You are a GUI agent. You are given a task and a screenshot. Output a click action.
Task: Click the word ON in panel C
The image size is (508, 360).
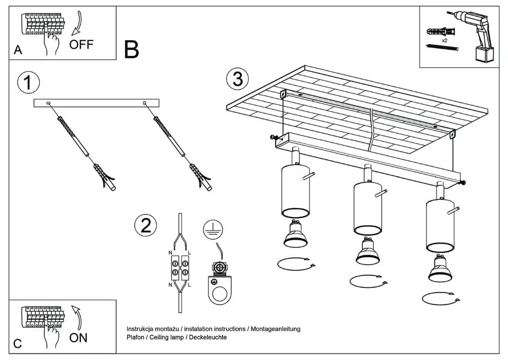coord(78,337)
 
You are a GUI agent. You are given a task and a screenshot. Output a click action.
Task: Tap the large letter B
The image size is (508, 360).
coord(132,49)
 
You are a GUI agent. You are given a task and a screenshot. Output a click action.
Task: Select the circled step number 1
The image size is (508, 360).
coord(29,83)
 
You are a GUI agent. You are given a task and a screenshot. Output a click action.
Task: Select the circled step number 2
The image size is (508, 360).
coord(146,226)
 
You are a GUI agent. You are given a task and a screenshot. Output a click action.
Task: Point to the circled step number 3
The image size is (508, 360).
coord(237,79)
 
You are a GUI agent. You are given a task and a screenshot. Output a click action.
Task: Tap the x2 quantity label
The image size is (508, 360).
coord(444,40)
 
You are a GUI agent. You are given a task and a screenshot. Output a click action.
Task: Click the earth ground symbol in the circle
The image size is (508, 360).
coord(212,229)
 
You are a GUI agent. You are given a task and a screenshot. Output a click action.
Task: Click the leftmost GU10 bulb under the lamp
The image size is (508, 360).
coord(295,235)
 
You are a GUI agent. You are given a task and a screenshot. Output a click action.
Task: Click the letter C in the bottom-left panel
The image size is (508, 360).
coord(18,344)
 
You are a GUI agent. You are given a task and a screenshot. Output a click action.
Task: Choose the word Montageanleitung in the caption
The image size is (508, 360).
coord(275,329)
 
